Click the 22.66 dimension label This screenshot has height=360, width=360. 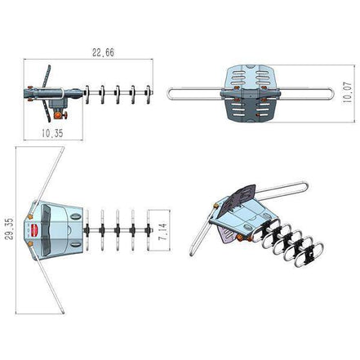[x=102, y=52]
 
